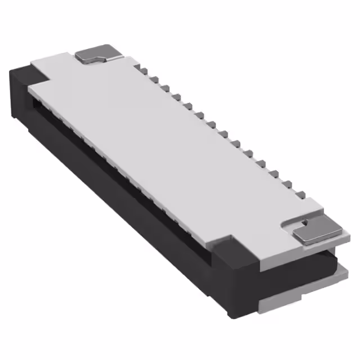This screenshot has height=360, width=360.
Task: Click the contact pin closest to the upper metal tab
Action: pyautogui.click(x=143, y=70)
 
